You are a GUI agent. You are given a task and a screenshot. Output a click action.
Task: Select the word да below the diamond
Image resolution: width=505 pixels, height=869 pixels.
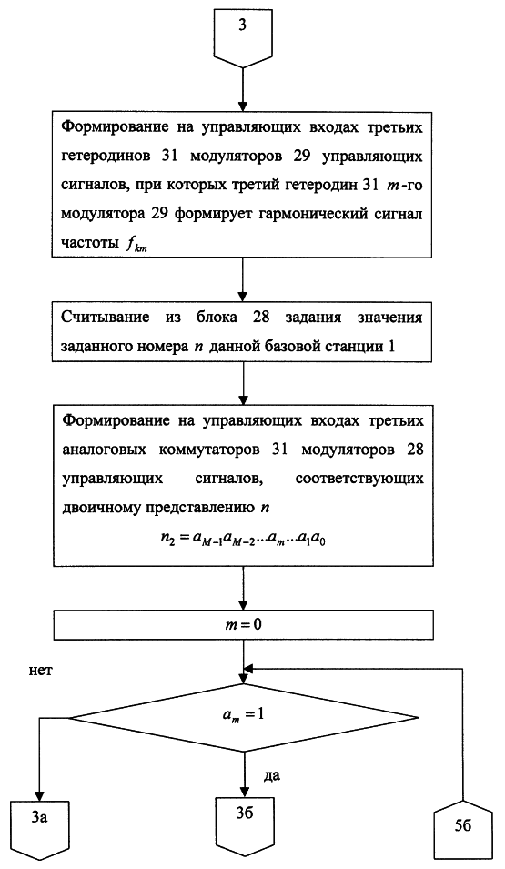pos(271,774)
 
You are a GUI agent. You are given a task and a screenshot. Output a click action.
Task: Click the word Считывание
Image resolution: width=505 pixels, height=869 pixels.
pos(106,318)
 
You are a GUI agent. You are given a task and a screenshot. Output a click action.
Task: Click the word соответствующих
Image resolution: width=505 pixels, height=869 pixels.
pos(359,479)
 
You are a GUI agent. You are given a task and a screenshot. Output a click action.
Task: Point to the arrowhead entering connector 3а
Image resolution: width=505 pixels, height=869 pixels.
pos(38,793)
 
